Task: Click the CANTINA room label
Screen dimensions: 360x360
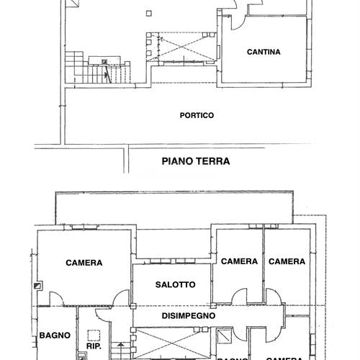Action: (x=263, y=52)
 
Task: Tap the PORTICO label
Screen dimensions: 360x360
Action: (x=197, y=115)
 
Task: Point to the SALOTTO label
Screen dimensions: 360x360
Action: (x=175, y=284)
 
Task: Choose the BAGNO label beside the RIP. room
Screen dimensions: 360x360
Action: (x=55, y=335)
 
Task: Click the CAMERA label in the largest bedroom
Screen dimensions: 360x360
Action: (x=84, y=263)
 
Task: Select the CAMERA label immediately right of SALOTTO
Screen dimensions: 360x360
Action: (x=239, y=261)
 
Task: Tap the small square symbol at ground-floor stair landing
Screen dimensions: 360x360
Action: (x=105, y=62)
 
